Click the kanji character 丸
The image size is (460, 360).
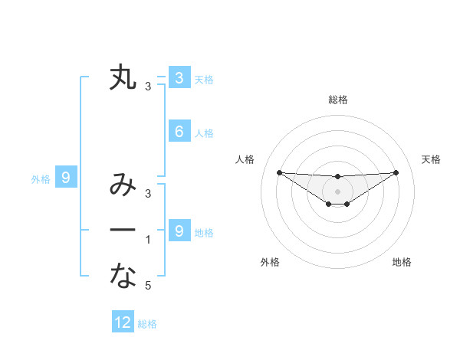pyautogui.click(x=123, y=77)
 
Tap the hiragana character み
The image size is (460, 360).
pyautogui.click(x=123, y=185)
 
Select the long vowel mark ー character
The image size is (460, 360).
pyautogui.click(x=123, y=230)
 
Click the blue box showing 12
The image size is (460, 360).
pyautogui.click(x=123, y=322)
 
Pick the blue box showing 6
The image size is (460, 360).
pyautogui.click(x=179, y=132)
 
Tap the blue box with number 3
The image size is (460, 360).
pyautogui.click(x=179, y=77)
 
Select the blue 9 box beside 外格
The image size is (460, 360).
pyautogui.click(x=66, y=178)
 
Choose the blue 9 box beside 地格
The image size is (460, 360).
pyautogui.click(x=179, y=231)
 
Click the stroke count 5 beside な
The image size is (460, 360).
pyautogui.click(x=148, y=286)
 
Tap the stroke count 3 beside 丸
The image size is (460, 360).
pyautogui.click(x=148, y=87)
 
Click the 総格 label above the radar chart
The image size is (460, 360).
pyautogui.click(x=338, y=100)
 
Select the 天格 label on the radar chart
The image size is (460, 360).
pyautogui.click(x=432, y=159)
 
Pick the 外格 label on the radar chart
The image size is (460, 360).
pyautogui.click(x=270, y=262)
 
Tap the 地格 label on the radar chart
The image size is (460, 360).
pyautogui.click(x=402, y=262)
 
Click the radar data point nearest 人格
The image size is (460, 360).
pyautogui.click(x=279, y=172)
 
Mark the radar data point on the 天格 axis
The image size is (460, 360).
pyautogui.click(x=396, y=172)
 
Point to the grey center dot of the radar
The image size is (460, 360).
pyautogui.click(x=338, y=191)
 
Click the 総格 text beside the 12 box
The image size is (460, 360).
pyautogui.click(x=147, y=324)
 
